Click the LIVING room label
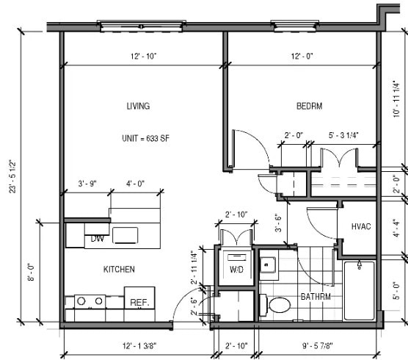click(x=138, y=107)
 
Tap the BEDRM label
click(x=309, y=107)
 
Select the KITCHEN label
click(x=118, y=270)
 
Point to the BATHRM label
click(x=316, y=297)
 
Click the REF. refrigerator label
click(x=139, y=302)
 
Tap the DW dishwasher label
click(x=97, y=239)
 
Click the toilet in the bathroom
click(x=279, y=304)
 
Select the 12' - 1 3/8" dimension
click(x=137, y=345)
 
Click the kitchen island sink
click(x=125, y=235)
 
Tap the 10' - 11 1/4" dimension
click(x=397, y=99)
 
